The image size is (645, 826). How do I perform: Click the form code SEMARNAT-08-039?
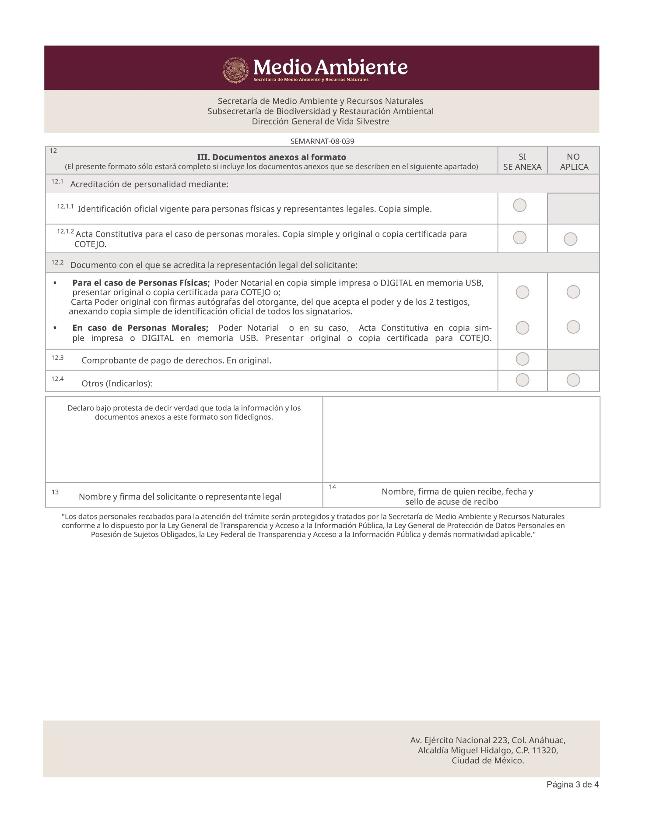pos(322,141)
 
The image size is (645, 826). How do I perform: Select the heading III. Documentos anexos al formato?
pos(271,157)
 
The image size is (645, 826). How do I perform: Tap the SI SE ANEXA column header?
pos(522,162)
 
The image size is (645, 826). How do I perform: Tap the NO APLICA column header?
pos(574,162)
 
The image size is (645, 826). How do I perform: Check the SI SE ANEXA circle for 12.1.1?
pos(519,205)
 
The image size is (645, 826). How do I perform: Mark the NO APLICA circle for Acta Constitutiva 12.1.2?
pos(570,239)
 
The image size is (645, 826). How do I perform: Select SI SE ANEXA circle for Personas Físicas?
pos(522,292)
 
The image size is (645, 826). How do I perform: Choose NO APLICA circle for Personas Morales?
pos(573,327)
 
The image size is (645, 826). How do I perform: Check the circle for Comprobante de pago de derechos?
pos(522,359)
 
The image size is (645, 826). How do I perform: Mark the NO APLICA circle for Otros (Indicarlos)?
pos(573,380)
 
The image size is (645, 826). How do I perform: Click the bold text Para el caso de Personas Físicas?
pos(141,283)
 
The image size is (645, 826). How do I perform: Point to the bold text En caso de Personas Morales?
pos(140,328)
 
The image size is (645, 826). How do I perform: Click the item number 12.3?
pos(57,358)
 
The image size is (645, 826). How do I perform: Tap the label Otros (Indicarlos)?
pos(117,384)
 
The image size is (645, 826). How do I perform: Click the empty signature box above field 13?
pos(184,451)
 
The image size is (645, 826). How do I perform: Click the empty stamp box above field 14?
pos(461,440)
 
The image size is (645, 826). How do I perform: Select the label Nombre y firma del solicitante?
pos(180,497)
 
